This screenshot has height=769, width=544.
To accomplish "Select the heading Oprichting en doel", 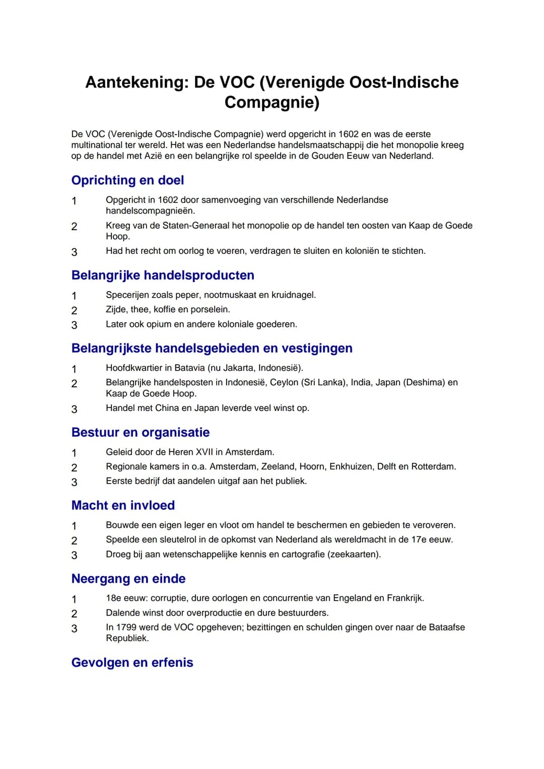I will pos(127,180).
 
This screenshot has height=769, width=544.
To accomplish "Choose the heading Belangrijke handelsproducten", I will pos(163,275).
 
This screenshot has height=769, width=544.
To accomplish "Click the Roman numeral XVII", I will pos(203,452).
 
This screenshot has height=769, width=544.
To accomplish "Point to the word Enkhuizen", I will pos(351,467).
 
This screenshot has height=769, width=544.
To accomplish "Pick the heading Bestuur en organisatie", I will pos(141,433).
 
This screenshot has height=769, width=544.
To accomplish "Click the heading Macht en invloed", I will pos(123,506).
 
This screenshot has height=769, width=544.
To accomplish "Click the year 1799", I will pos(127,627).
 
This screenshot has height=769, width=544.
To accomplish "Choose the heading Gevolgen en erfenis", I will pos(132,663).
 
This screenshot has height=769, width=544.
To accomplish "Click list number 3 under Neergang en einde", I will pos(74,628).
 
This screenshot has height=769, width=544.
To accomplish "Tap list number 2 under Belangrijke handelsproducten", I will pos(74,311).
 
